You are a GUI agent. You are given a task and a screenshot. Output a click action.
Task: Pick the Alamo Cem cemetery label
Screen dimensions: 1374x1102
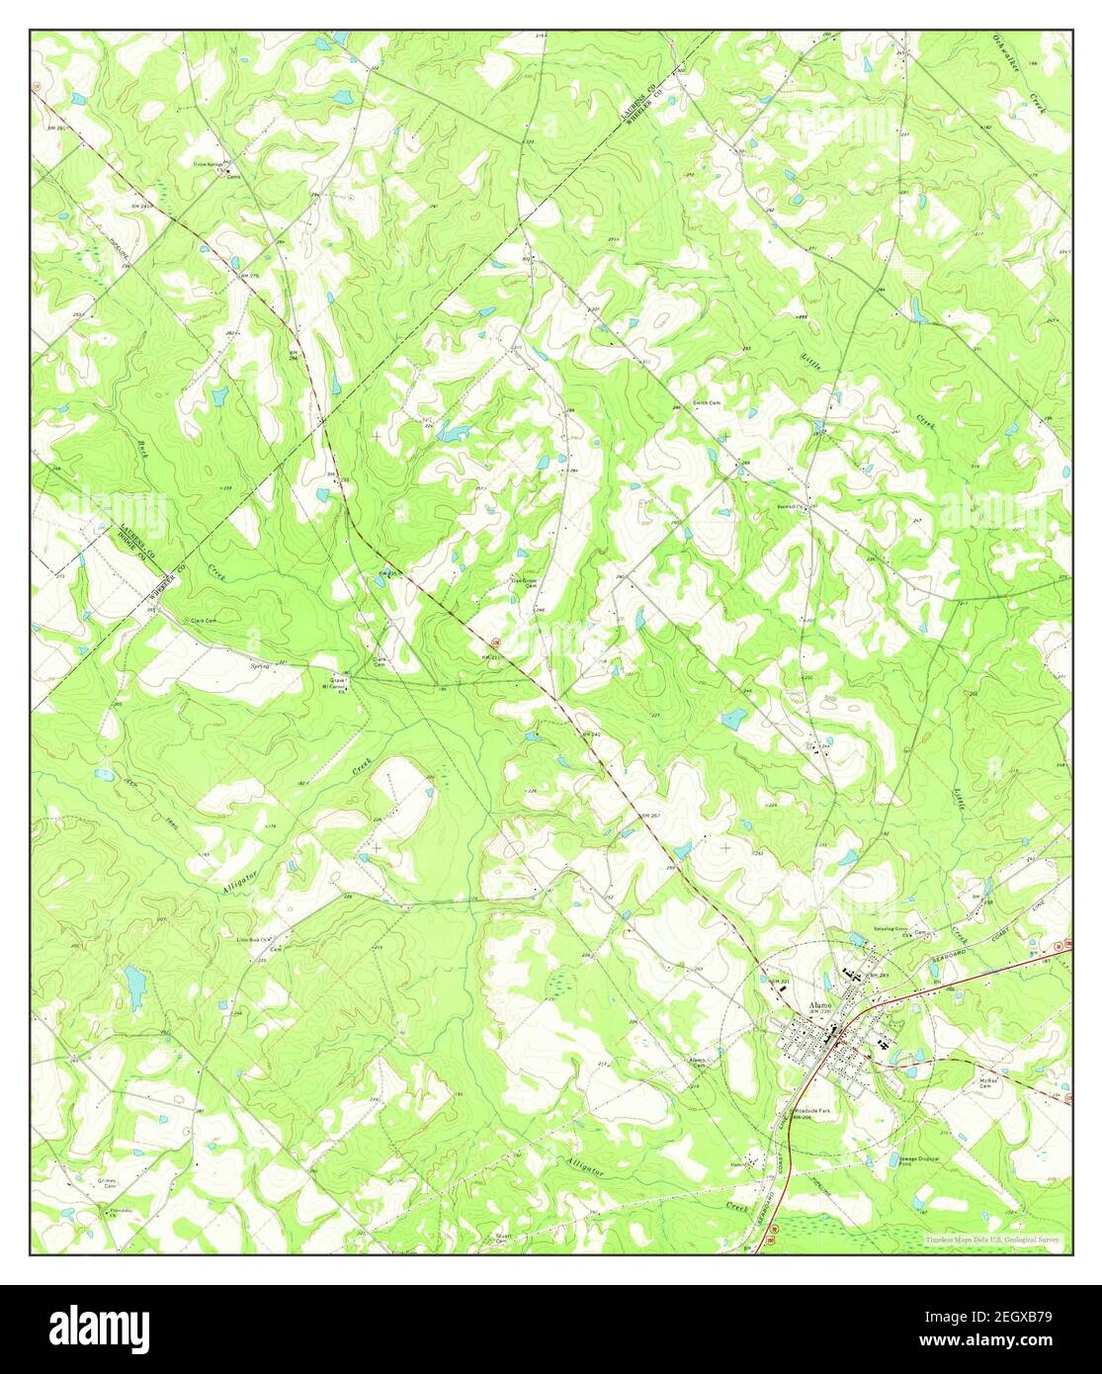pyautogui.click(x=698, y=1063)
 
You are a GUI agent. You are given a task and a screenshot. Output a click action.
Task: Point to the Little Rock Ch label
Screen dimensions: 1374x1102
pyautogui.click(x=254, y=939)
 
